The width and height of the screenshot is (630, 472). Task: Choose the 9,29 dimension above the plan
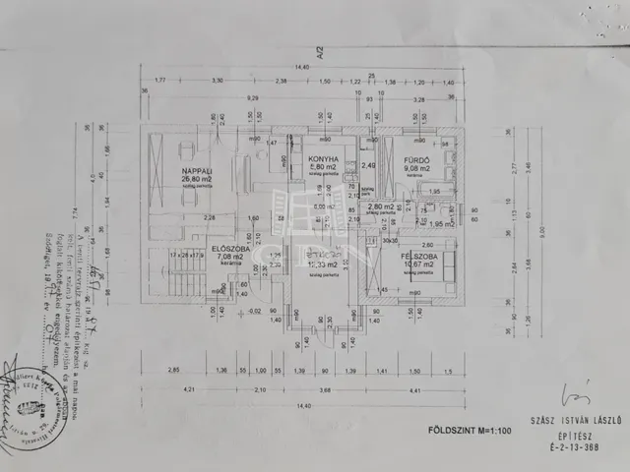tap(254, 98)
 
